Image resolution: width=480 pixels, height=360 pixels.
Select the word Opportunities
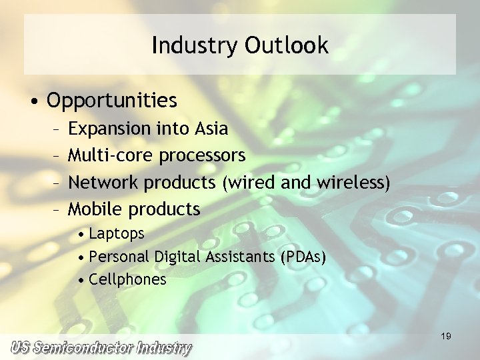112,101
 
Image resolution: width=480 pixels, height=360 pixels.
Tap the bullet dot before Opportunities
35,101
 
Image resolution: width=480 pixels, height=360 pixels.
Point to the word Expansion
110,128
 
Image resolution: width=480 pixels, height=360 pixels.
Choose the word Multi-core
111,155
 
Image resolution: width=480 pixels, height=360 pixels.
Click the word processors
202,156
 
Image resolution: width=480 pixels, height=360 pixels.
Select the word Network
104,182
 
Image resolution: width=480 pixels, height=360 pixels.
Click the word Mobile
96,209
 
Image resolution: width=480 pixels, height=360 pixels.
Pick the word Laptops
116,234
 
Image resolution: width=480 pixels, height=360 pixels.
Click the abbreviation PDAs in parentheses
303,257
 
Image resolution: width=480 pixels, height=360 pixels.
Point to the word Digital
176,257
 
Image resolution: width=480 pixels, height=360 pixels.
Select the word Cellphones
127,279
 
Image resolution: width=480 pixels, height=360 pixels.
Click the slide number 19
446,337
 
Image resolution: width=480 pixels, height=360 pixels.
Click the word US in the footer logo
20,348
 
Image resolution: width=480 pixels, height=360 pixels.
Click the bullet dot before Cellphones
81,280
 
